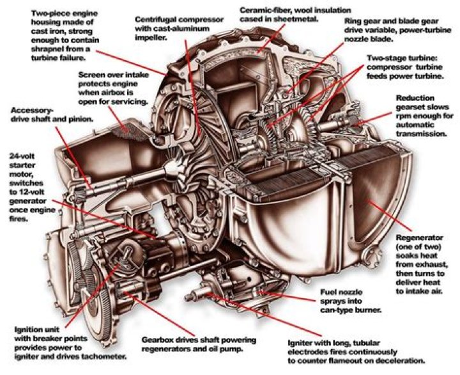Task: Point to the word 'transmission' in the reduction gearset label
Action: pyautogui.click(x=420, y=134)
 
